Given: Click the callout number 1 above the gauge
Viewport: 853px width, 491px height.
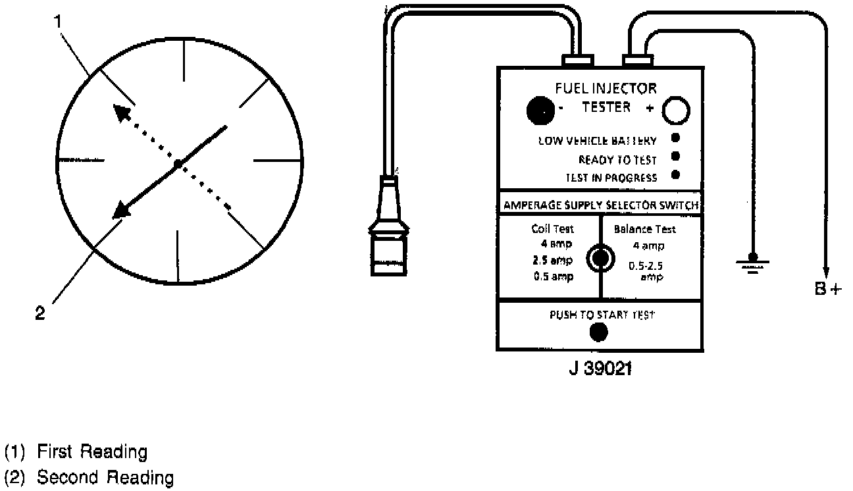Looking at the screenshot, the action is coord(59,21).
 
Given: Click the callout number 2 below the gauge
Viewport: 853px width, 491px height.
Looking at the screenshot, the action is coord(40,314).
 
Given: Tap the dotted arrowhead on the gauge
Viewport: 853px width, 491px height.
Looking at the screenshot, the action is coord(120,113).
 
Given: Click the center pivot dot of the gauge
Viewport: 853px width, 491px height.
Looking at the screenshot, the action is coord(177,163).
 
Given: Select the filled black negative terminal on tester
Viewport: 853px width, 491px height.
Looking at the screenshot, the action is coord(541,111).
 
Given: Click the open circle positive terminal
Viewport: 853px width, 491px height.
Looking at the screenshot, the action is coord(675,111).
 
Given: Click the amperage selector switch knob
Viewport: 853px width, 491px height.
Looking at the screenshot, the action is coord(600,258).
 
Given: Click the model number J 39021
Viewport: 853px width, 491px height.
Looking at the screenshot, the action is coord(600,369).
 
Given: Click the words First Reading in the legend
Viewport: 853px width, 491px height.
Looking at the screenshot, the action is coord(91,452).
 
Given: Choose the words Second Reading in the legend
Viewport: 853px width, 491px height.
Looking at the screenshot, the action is coord(105,477).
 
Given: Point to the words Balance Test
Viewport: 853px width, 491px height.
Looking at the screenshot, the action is coord(644,230).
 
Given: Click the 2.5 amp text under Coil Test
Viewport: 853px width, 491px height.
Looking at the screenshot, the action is coord(552,259).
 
